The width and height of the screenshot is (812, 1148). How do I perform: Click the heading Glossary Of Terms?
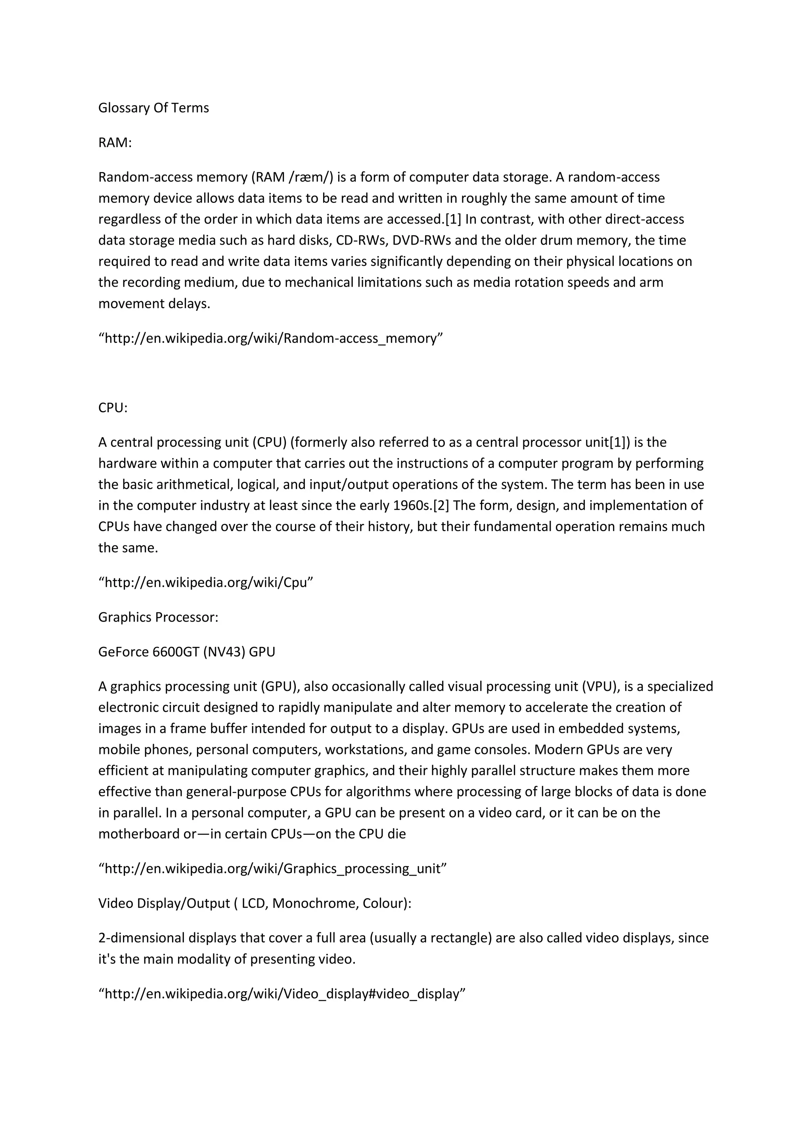pyautogui.click(x=153, y=108)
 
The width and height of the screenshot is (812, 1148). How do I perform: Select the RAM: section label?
pyautogui.click(x=115, y=143)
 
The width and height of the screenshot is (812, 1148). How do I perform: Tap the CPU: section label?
pyautogui.click(x=113, y=408)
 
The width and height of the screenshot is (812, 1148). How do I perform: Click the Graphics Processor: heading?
pyautogui.click(x=158, y=618)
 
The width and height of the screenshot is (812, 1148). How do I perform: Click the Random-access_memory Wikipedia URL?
pyautogui.click(x=270, y=339)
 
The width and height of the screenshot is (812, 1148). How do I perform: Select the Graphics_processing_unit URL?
pyautogui.click(x=272, y=869)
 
